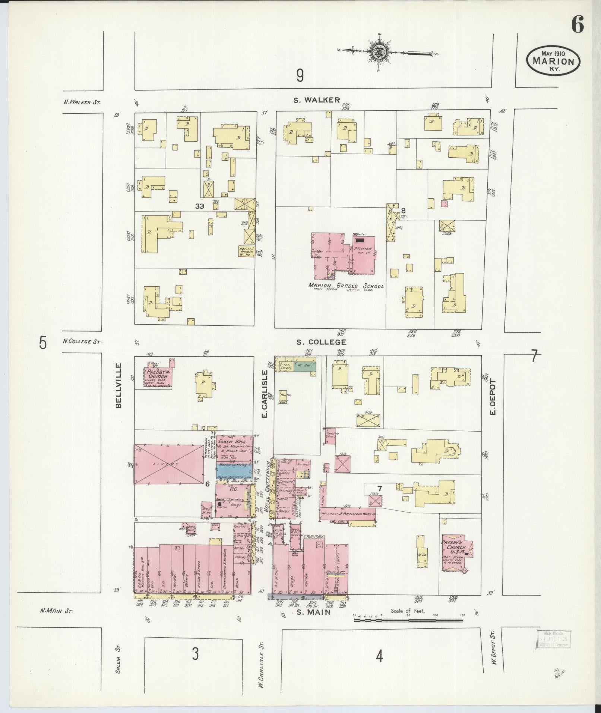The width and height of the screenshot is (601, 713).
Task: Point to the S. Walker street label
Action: pos(317,100)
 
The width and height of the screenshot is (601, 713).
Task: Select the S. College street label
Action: pos(321,342)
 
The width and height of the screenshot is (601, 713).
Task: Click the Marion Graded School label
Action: pos(346,286)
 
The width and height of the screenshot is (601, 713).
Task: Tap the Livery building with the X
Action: pos(169,464)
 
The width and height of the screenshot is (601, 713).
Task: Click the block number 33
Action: pos(200,206)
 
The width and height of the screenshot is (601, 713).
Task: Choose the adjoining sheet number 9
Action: pos(300,76)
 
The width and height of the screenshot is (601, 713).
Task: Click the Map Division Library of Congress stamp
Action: pos(554,639)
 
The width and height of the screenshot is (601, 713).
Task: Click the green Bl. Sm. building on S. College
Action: pos(304,367)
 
